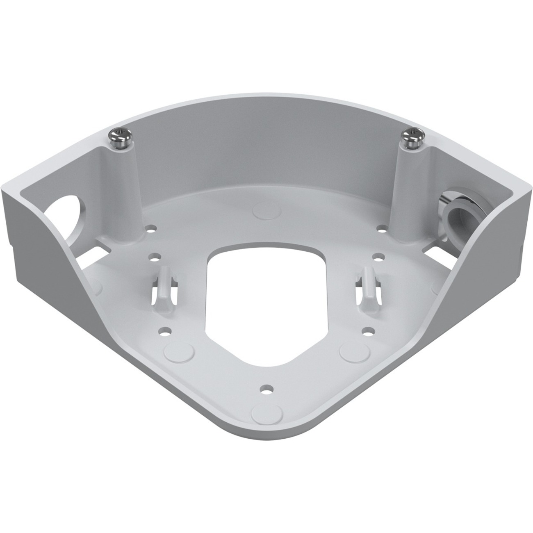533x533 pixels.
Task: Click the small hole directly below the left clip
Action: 166,330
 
